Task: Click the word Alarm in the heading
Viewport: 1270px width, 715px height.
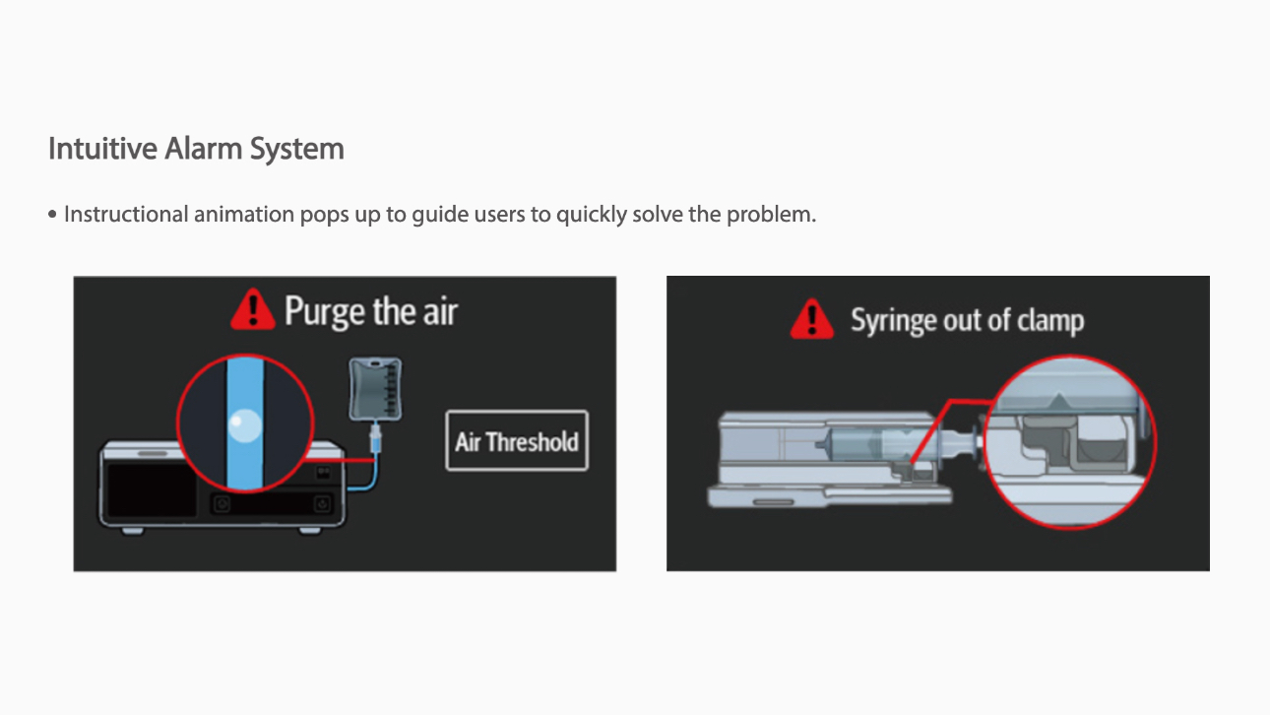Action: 203,149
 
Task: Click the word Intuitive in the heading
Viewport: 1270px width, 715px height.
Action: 102,149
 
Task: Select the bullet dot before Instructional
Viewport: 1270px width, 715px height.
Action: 53,215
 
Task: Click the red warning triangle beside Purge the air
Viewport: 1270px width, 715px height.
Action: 253,309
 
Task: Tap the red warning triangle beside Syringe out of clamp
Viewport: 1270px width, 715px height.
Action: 812,319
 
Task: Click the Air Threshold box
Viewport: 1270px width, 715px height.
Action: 517,440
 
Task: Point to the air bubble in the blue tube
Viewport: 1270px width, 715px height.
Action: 244,425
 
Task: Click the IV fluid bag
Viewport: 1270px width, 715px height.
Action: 375,390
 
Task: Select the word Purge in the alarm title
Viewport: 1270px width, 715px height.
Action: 324,312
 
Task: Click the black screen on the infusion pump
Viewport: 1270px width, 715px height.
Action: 152,489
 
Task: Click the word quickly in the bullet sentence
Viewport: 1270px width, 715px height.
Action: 591,215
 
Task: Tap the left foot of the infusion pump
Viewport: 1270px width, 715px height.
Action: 133,531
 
